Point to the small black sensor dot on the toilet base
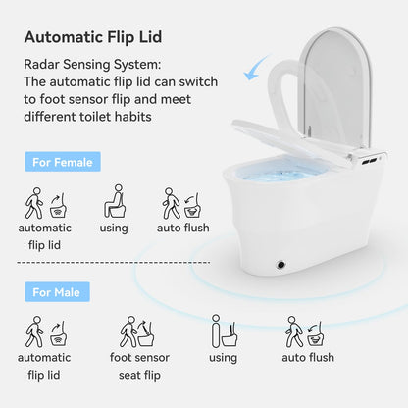282,264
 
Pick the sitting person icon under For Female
116,202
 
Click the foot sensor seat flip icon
141,331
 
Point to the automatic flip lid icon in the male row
44,331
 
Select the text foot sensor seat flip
142,366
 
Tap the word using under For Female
115,228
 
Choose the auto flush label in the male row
307,358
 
